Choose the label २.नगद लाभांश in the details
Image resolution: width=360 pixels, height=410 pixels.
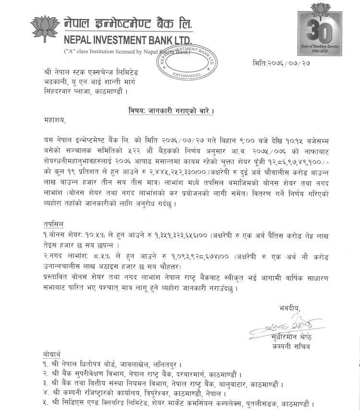point(63,257)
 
